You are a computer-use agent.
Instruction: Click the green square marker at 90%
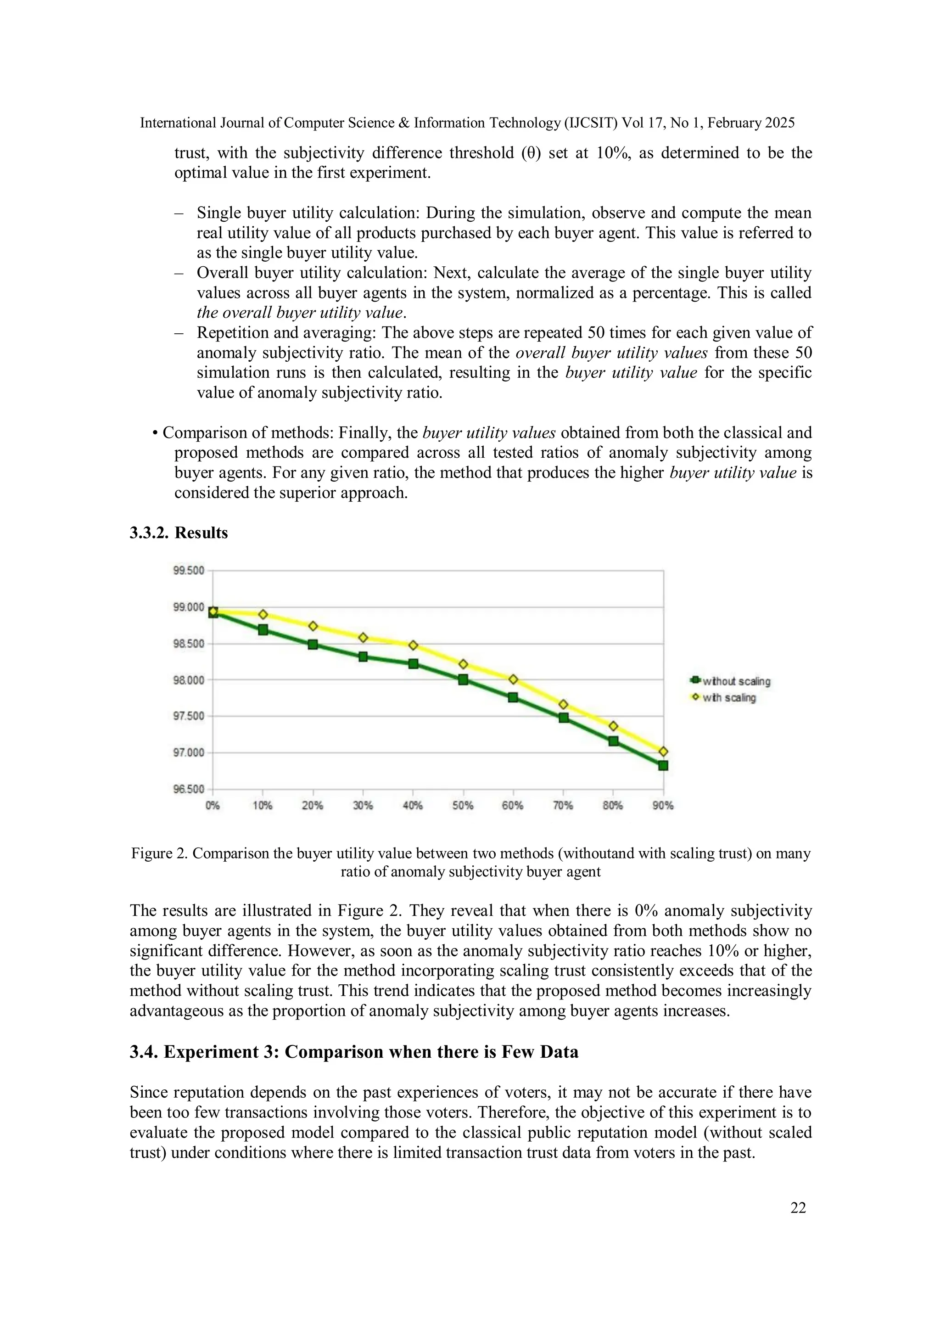[x=663, y=766]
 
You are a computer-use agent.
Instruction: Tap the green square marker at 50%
[x=463, y=680]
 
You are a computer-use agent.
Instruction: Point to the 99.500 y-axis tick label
[x=189, y=571]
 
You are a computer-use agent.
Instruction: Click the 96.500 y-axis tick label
[x=189, y=789]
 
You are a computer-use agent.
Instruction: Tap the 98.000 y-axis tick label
[x=189, y=680]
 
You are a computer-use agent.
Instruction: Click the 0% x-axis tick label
[x=213, y=806]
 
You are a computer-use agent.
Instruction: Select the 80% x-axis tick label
[x=613, y=806]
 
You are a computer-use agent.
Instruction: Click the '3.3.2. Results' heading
[x=179, y=533]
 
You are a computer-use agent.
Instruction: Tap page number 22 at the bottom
[x=798, y=1208]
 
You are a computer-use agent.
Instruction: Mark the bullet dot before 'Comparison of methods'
[x=155, y=433]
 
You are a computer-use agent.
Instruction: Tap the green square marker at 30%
[x=363, y=657]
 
